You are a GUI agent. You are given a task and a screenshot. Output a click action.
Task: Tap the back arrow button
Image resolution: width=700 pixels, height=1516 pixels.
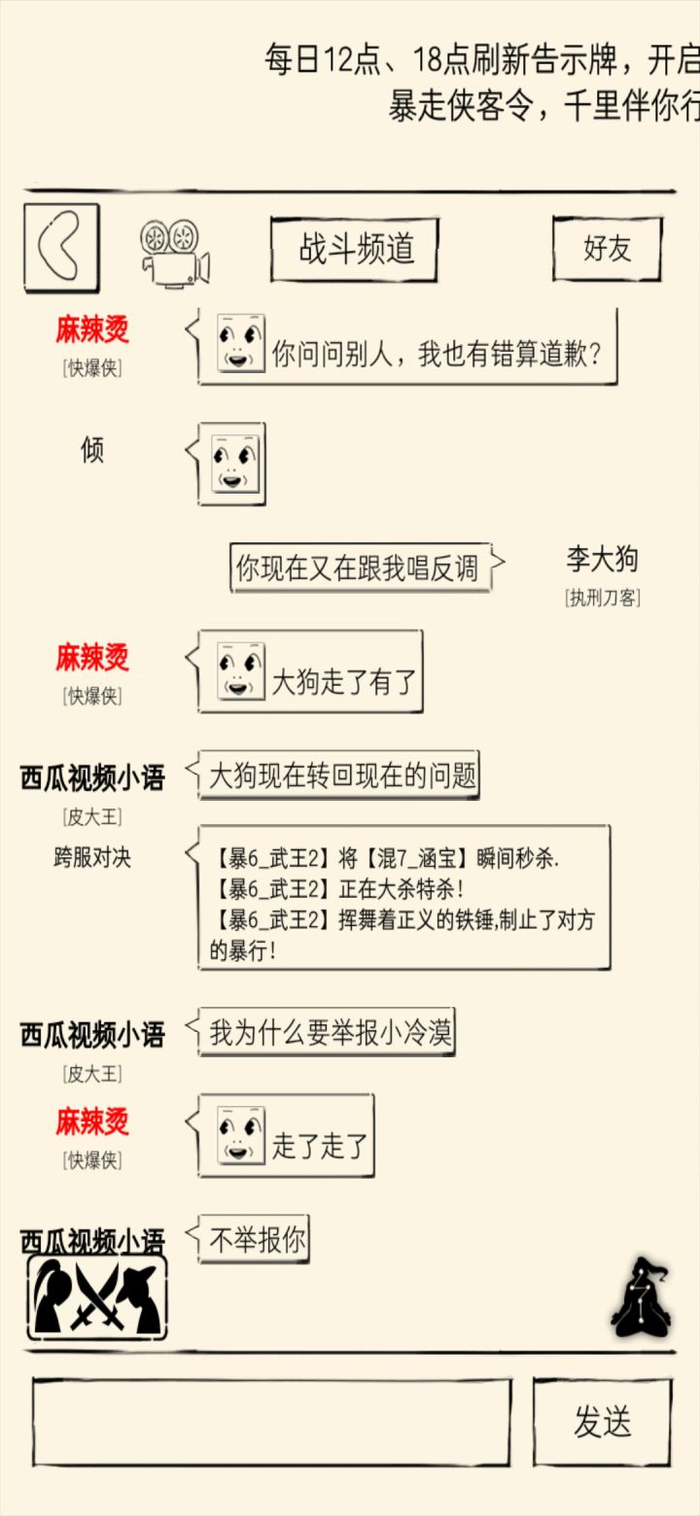tap(61, 248)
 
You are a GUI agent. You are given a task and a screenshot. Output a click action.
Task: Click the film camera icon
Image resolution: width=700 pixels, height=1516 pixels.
tap(175, 253)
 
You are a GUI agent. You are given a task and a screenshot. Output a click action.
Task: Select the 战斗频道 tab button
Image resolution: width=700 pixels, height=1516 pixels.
tap(355, 249)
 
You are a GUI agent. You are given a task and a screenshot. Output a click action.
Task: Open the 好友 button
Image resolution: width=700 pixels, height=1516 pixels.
tap(608, 249)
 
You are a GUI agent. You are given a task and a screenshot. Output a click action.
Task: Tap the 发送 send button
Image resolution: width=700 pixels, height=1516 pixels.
tap(603, 1421)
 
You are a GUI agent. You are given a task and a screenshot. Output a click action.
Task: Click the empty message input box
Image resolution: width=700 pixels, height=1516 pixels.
tap(271, 1421)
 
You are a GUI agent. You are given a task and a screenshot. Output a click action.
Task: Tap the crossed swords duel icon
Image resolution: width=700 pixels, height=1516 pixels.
tap(97, 1297)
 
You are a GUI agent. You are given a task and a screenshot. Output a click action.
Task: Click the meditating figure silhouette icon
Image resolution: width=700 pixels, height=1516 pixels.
tap(641, 1296)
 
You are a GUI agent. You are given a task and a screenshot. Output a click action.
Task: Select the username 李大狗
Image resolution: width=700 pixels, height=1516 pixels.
tap(602, 559)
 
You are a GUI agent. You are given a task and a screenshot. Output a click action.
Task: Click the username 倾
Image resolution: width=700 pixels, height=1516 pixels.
tap(92, 449)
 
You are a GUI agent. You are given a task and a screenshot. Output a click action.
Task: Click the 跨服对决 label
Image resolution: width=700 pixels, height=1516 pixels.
tap(92, 857)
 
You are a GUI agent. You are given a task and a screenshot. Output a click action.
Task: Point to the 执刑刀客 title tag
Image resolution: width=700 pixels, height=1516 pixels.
tap(603, 598)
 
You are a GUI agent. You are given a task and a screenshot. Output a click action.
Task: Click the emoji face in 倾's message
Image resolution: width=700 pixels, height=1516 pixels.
tap(235, 463)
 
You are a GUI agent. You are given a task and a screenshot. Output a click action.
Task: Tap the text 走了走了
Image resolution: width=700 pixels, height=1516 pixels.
tap(319, 1146)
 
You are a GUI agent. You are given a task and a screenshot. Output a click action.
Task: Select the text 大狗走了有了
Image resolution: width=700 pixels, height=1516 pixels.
tap(343, 681)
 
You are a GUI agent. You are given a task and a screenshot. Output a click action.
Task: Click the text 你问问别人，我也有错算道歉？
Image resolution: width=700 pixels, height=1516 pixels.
tap(436, 354)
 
